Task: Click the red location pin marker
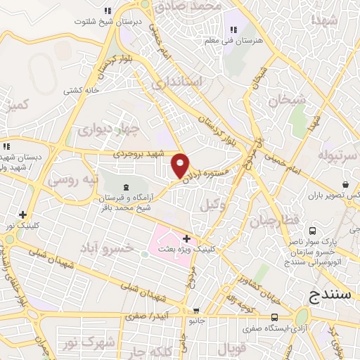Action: point(181,165)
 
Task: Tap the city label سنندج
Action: point(330,295)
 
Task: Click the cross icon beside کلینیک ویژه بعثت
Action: point(186,238)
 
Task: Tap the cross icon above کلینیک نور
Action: point(23,214)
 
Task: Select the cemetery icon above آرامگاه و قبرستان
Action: point(125,186)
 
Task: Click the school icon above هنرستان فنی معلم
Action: point(234,30)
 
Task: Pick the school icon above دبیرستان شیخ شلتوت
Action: point(108,11)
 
